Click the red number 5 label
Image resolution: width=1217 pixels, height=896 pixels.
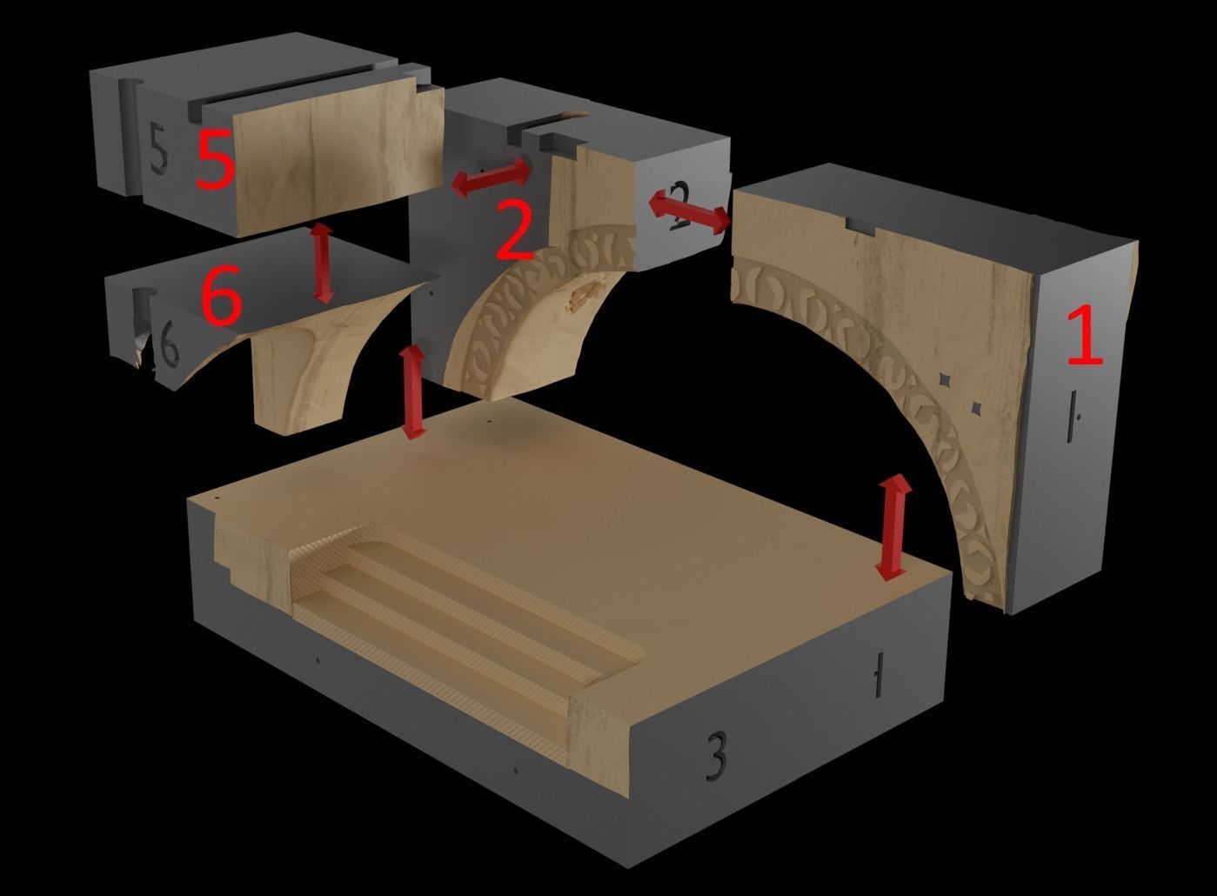[215, 159]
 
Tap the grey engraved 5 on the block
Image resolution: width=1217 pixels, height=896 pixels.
[157, 149]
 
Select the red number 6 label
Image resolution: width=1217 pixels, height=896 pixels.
[221, 298]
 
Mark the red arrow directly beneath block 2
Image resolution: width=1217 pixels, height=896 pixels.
[413, 391]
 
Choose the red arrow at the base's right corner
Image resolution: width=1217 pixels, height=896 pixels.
[893, 527]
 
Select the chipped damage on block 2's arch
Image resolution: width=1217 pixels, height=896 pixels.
[582, 297]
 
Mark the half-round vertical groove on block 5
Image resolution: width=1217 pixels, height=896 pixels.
[126, 130]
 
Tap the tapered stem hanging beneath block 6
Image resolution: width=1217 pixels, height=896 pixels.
[296, 383]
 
